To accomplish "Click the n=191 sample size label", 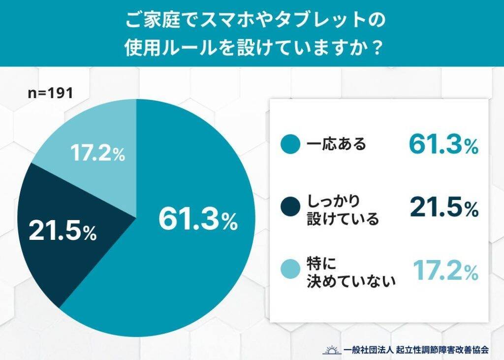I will (50, 93).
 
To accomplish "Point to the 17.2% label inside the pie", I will (97, 154).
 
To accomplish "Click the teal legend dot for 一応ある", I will (290, 145).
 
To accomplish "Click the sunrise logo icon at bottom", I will (331, 349).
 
